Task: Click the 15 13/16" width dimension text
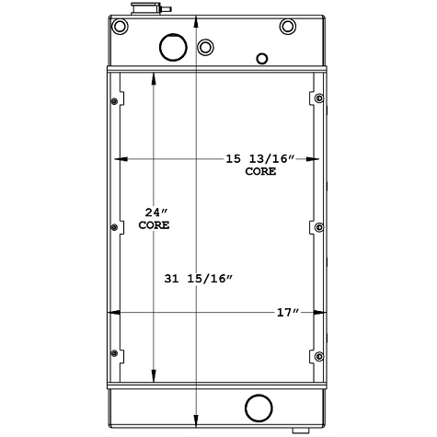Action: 259,160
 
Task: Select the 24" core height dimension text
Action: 153,212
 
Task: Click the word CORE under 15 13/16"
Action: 259,173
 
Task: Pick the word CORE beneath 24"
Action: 153,224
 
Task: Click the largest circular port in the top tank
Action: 172,46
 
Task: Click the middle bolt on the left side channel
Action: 114,226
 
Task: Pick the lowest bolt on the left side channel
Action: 114,354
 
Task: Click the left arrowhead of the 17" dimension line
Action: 113,313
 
